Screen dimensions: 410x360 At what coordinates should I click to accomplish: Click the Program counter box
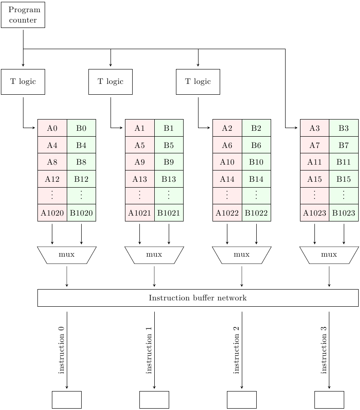point(23,15)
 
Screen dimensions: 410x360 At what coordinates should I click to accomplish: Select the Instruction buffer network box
point(198,298)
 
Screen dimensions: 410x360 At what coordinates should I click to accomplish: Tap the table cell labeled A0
point(52,128)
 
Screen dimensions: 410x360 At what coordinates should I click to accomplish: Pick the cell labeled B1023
point(344,213)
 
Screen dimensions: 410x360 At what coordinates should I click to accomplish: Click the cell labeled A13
point(140,179)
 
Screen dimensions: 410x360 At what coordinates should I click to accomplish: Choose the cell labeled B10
point(256,162)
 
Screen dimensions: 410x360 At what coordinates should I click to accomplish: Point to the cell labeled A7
point(314,145)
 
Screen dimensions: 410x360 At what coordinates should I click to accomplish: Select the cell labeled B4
point(81,145)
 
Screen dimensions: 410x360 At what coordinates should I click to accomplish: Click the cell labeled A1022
point(227,213)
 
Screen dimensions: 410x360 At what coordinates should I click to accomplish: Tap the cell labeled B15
point(344,179)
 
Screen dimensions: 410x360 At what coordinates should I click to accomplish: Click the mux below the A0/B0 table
point(67,255)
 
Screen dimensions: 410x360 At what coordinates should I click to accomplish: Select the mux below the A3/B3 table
point(329,255)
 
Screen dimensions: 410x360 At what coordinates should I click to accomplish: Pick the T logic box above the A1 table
point(111,82)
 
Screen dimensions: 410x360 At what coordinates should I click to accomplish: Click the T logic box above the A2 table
point(198,82)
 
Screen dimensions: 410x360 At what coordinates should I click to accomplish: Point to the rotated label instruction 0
point(62,350)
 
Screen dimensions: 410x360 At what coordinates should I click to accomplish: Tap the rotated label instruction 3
point(324,350)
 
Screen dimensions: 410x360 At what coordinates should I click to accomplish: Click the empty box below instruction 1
point(154,400)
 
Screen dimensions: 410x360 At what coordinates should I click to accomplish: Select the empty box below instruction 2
point(242,400)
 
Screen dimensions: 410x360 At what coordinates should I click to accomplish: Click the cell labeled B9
point(169,162)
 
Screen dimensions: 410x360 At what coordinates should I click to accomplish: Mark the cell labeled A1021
point(140,213)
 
